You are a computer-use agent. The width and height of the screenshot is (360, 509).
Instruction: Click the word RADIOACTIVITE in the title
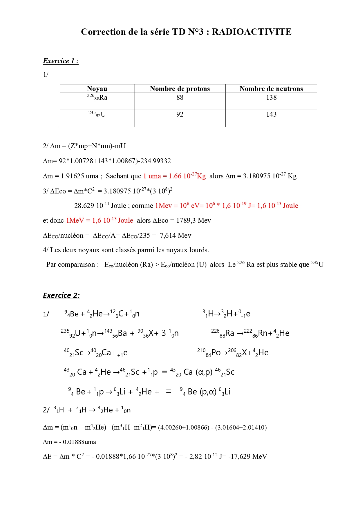click(x=252, y=32)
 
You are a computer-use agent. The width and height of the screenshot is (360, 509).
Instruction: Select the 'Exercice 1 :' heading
click(x=61, y=61)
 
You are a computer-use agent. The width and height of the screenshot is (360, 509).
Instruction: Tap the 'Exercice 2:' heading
click(x=61, y=295)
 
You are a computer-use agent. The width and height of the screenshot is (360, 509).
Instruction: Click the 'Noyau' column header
click(x=97, y=89)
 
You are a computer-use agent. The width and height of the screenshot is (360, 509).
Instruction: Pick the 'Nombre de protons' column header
click(x=180, y=89)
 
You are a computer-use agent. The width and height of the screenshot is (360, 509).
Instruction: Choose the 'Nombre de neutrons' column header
click(x=271, y=89)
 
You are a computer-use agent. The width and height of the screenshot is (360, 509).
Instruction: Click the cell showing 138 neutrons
click(x=271, y=98)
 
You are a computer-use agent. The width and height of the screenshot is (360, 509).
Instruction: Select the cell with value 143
click(x=271, y=115)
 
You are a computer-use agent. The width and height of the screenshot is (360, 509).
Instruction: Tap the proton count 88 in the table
click(x=180, y=98)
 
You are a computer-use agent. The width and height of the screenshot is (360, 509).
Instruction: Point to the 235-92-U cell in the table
click(x=97, y=115)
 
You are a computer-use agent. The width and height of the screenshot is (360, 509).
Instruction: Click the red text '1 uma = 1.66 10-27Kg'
click(x=174, y=176)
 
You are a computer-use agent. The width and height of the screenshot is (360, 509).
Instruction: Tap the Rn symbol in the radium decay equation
click(x=263, y=333)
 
